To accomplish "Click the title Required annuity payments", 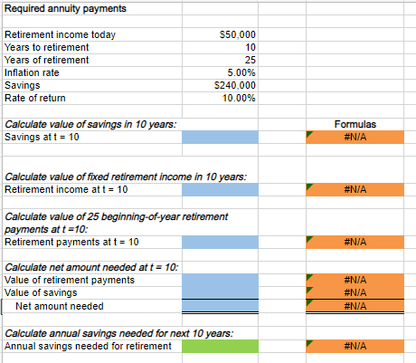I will click(x=65, y=8).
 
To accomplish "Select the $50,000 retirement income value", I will click(x=238, y=33).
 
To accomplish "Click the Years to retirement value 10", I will click(x=251, y=46).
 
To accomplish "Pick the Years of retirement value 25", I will click(x=251, y=60).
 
